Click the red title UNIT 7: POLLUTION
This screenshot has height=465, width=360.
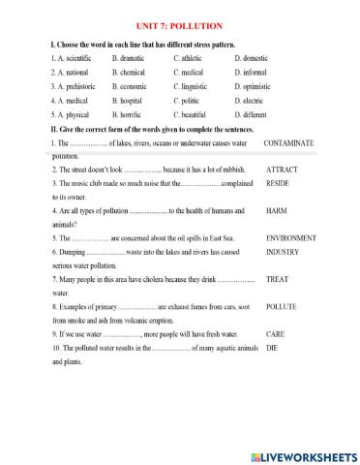(181, 26)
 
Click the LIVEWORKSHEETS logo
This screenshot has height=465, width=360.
(302, 455)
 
